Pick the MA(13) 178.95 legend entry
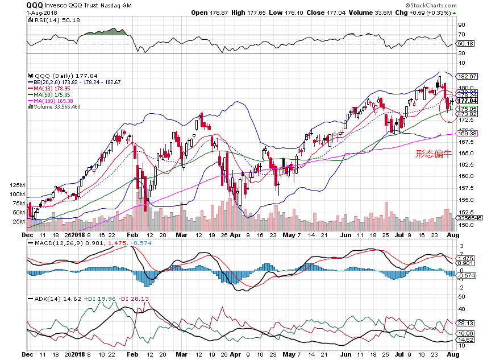[x=53, y=89]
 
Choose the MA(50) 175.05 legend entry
[x=53, y=95]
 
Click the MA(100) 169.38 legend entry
[x=55, y=101]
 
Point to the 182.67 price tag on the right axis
[x=466, y=76]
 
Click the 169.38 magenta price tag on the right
[x=466, y=133]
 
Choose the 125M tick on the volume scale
[x=18, y=185]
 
